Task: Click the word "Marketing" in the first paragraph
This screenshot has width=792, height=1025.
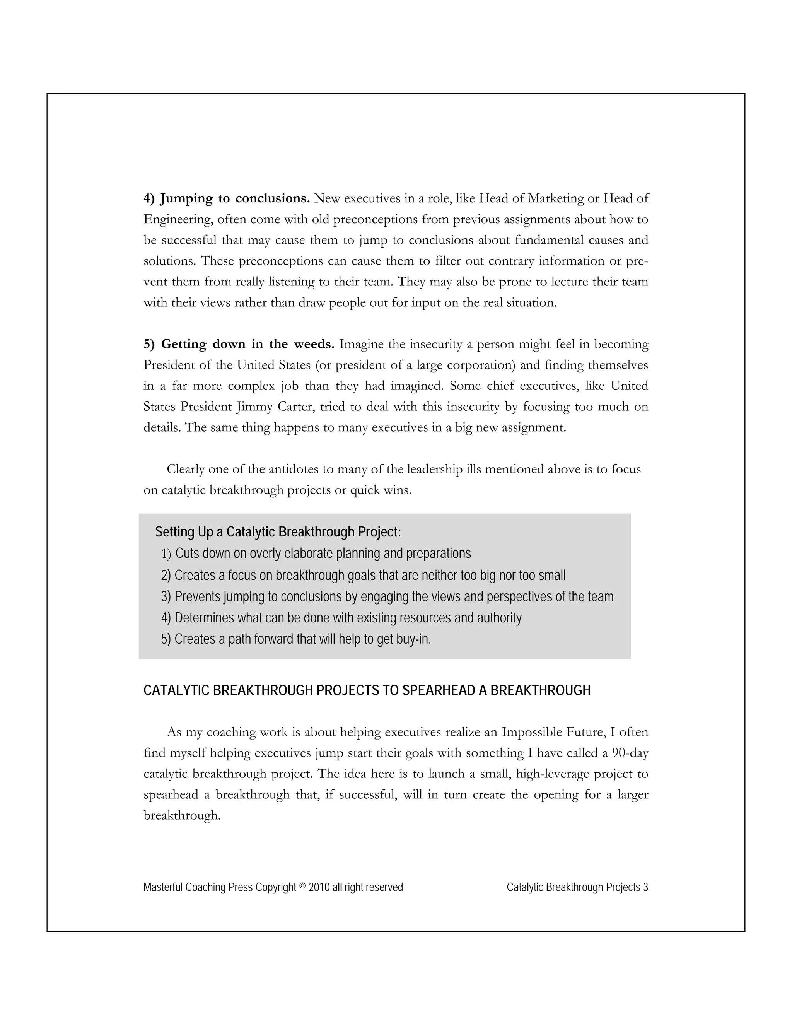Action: [556, 198]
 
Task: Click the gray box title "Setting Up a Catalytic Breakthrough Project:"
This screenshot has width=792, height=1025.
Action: [278, 532]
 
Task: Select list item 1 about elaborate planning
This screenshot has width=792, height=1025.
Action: [316, 554]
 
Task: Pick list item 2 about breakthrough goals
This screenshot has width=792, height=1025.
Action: [363, 576]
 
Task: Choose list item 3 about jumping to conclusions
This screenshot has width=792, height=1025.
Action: [387, 596]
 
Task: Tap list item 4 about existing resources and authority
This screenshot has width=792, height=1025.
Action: [341, 618]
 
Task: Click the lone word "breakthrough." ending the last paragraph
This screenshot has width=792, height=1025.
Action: [182, 816]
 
